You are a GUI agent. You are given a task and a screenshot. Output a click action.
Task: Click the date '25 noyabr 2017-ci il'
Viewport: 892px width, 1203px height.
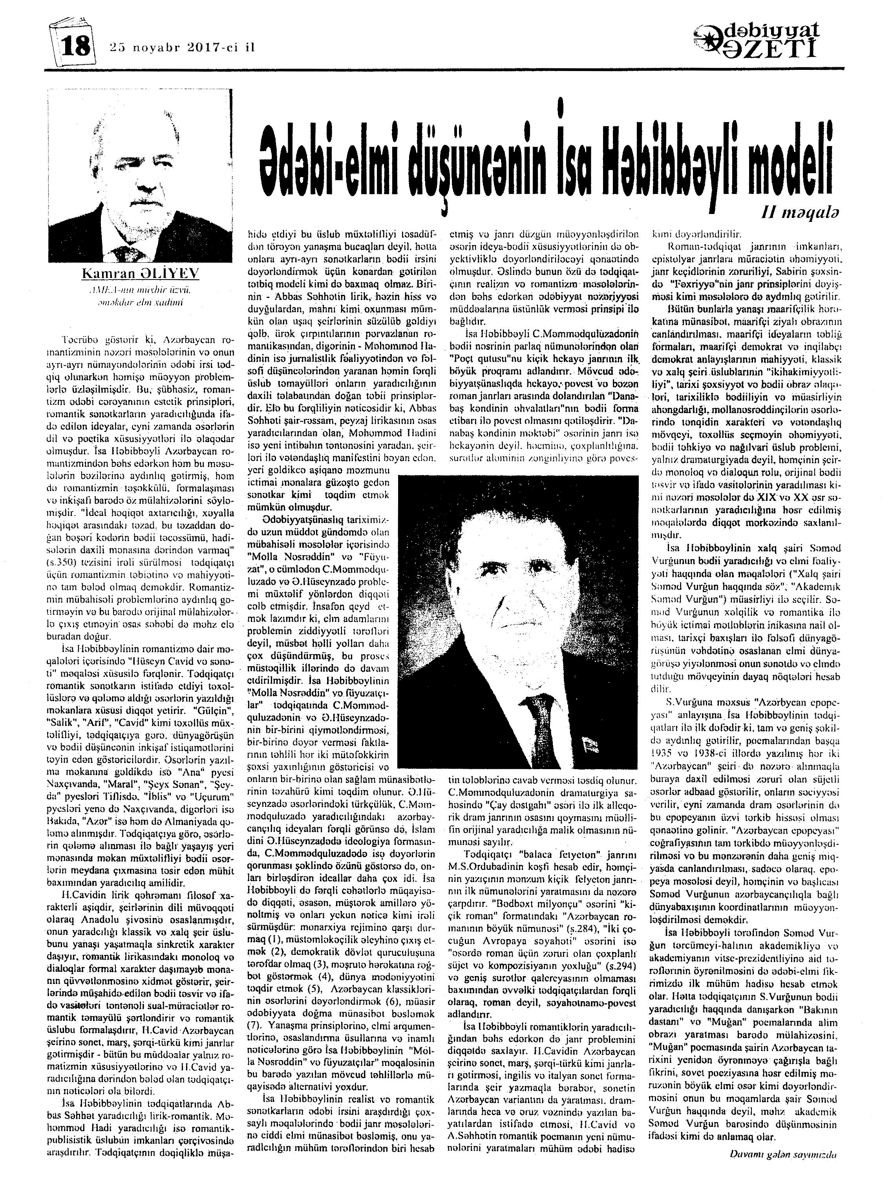point(181,47)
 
